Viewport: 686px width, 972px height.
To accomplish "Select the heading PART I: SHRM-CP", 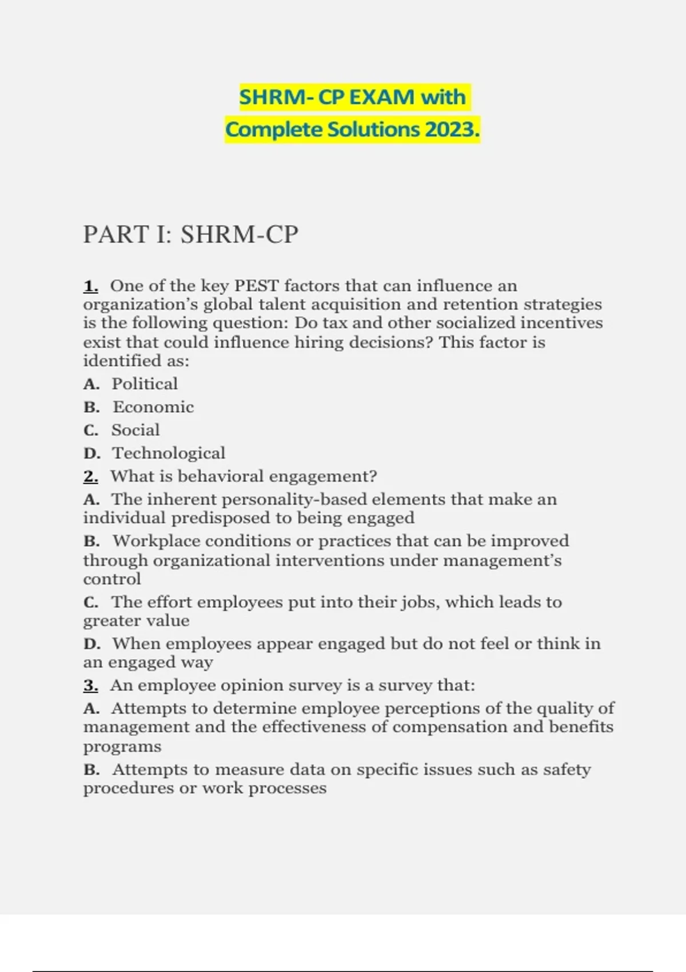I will pos(191,234).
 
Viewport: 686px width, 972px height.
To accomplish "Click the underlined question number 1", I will pos(90,286).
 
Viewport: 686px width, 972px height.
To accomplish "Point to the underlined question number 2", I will pos(90,476).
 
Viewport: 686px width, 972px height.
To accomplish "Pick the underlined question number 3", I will pos(90,685).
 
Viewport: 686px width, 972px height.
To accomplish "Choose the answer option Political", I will pos(145,384).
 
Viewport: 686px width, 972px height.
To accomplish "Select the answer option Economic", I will pos(153,407).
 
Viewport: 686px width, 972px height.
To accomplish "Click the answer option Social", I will pos(135,430).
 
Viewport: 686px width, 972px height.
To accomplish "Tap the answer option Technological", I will pos(169,453).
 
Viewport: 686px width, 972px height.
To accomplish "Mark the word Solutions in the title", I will pos(373,130).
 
